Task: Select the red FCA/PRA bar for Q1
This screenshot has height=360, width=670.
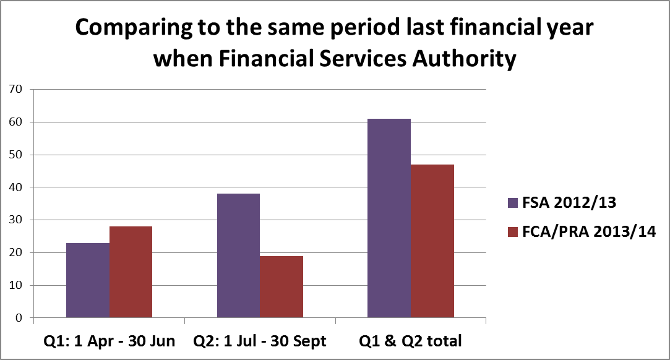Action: pyautogui.click(x=131, y=272)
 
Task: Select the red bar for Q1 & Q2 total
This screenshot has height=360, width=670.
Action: pyautogui.click(x=432, y=241)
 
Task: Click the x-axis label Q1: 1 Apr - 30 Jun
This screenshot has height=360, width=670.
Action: pyautogui.click(x=109, y=340)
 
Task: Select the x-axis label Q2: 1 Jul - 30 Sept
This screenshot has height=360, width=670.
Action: pyautogui.click(x=260, y=340)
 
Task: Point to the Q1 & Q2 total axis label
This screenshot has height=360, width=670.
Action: pyautogui.click(x=411, y=340)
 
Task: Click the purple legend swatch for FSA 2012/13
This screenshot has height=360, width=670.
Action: pyautogui.click(x=512, y=202)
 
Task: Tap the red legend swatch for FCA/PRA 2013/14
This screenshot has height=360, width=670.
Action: pyautogui.click(x=512, y=232)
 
